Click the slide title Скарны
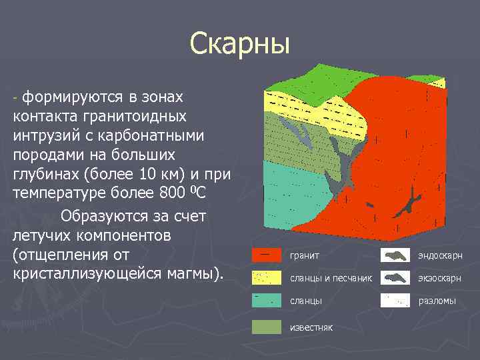tap(239, 44)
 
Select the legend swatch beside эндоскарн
tap(395, 255)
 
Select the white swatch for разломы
tap(395, 301)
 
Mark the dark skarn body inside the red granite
tap(407, 203)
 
